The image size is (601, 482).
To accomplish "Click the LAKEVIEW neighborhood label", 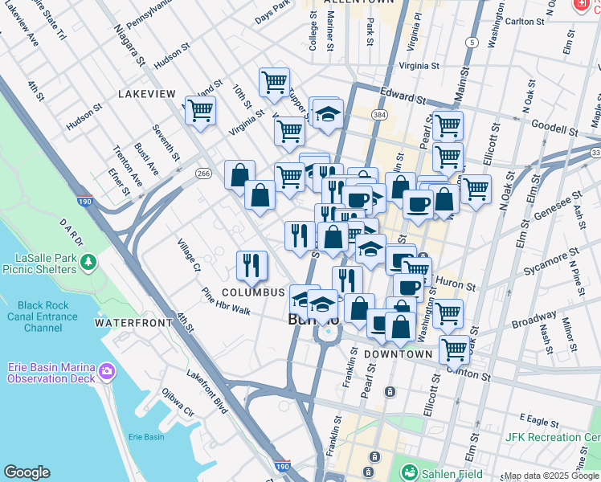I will click(146, 94).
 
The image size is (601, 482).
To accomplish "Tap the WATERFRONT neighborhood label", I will click(133, 323).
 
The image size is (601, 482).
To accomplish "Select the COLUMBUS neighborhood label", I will click(253, 292).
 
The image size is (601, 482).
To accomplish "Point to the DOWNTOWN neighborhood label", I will click(399, 354).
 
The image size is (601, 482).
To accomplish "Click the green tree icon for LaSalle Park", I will click(89, 262).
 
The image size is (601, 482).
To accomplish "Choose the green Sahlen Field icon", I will click(410, 473).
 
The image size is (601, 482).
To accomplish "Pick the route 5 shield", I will click(472, 42).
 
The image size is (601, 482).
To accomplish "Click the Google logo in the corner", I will click(27, 472).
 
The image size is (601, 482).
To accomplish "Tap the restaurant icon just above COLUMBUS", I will click(251, 265).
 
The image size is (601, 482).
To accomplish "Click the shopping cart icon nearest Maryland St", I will click(200, 111).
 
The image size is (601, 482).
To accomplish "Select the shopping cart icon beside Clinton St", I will click(454, 350).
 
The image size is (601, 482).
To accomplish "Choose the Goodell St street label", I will click(554, 129).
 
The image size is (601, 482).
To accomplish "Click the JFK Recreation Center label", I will click(552, 437).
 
